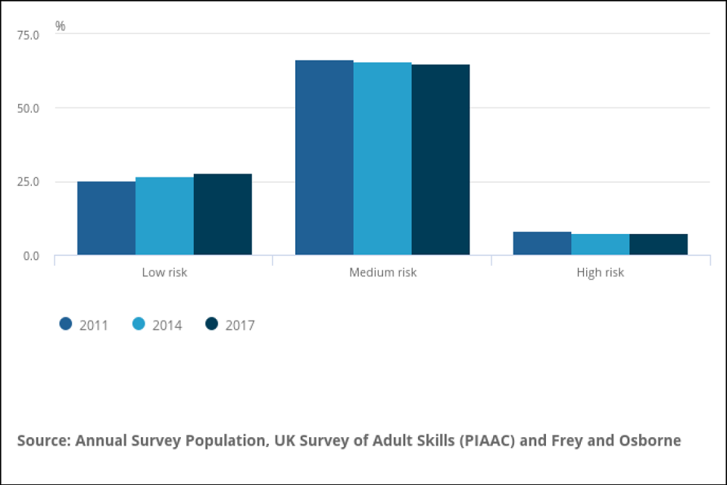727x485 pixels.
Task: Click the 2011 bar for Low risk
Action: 107,218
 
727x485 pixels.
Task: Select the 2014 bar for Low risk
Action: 164,216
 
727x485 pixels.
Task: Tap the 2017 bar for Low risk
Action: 223,214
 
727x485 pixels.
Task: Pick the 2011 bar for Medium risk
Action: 324,158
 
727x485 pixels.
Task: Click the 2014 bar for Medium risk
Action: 382,158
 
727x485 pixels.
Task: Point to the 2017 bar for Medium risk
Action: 441,160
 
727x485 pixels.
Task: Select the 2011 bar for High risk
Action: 542,243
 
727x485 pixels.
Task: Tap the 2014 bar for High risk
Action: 601,244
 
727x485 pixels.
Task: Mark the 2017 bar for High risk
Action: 659,244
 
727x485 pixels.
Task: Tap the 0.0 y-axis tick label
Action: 30,256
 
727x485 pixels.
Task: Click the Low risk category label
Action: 164,272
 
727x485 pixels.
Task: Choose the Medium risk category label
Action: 382,272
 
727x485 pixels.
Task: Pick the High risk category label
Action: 601,272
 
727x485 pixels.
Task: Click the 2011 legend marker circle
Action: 66,324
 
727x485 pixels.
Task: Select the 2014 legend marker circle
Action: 139,324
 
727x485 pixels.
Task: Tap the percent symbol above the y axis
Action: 61,27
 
